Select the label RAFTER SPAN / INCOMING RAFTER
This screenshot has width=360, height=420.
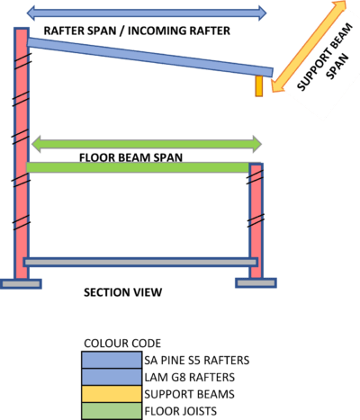tap(130, 31)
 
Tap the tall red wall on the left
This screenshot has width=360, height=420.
tap(21, 153)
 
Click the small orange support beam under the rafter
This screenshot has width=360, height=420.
tap(259, 85)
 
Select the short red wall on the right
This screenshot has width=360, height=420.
tap(256, 220)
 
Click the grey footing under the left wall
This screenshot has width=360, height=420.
tap(21, 284)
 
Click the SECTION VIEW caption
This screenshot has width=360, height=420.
tap(122, 293)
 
